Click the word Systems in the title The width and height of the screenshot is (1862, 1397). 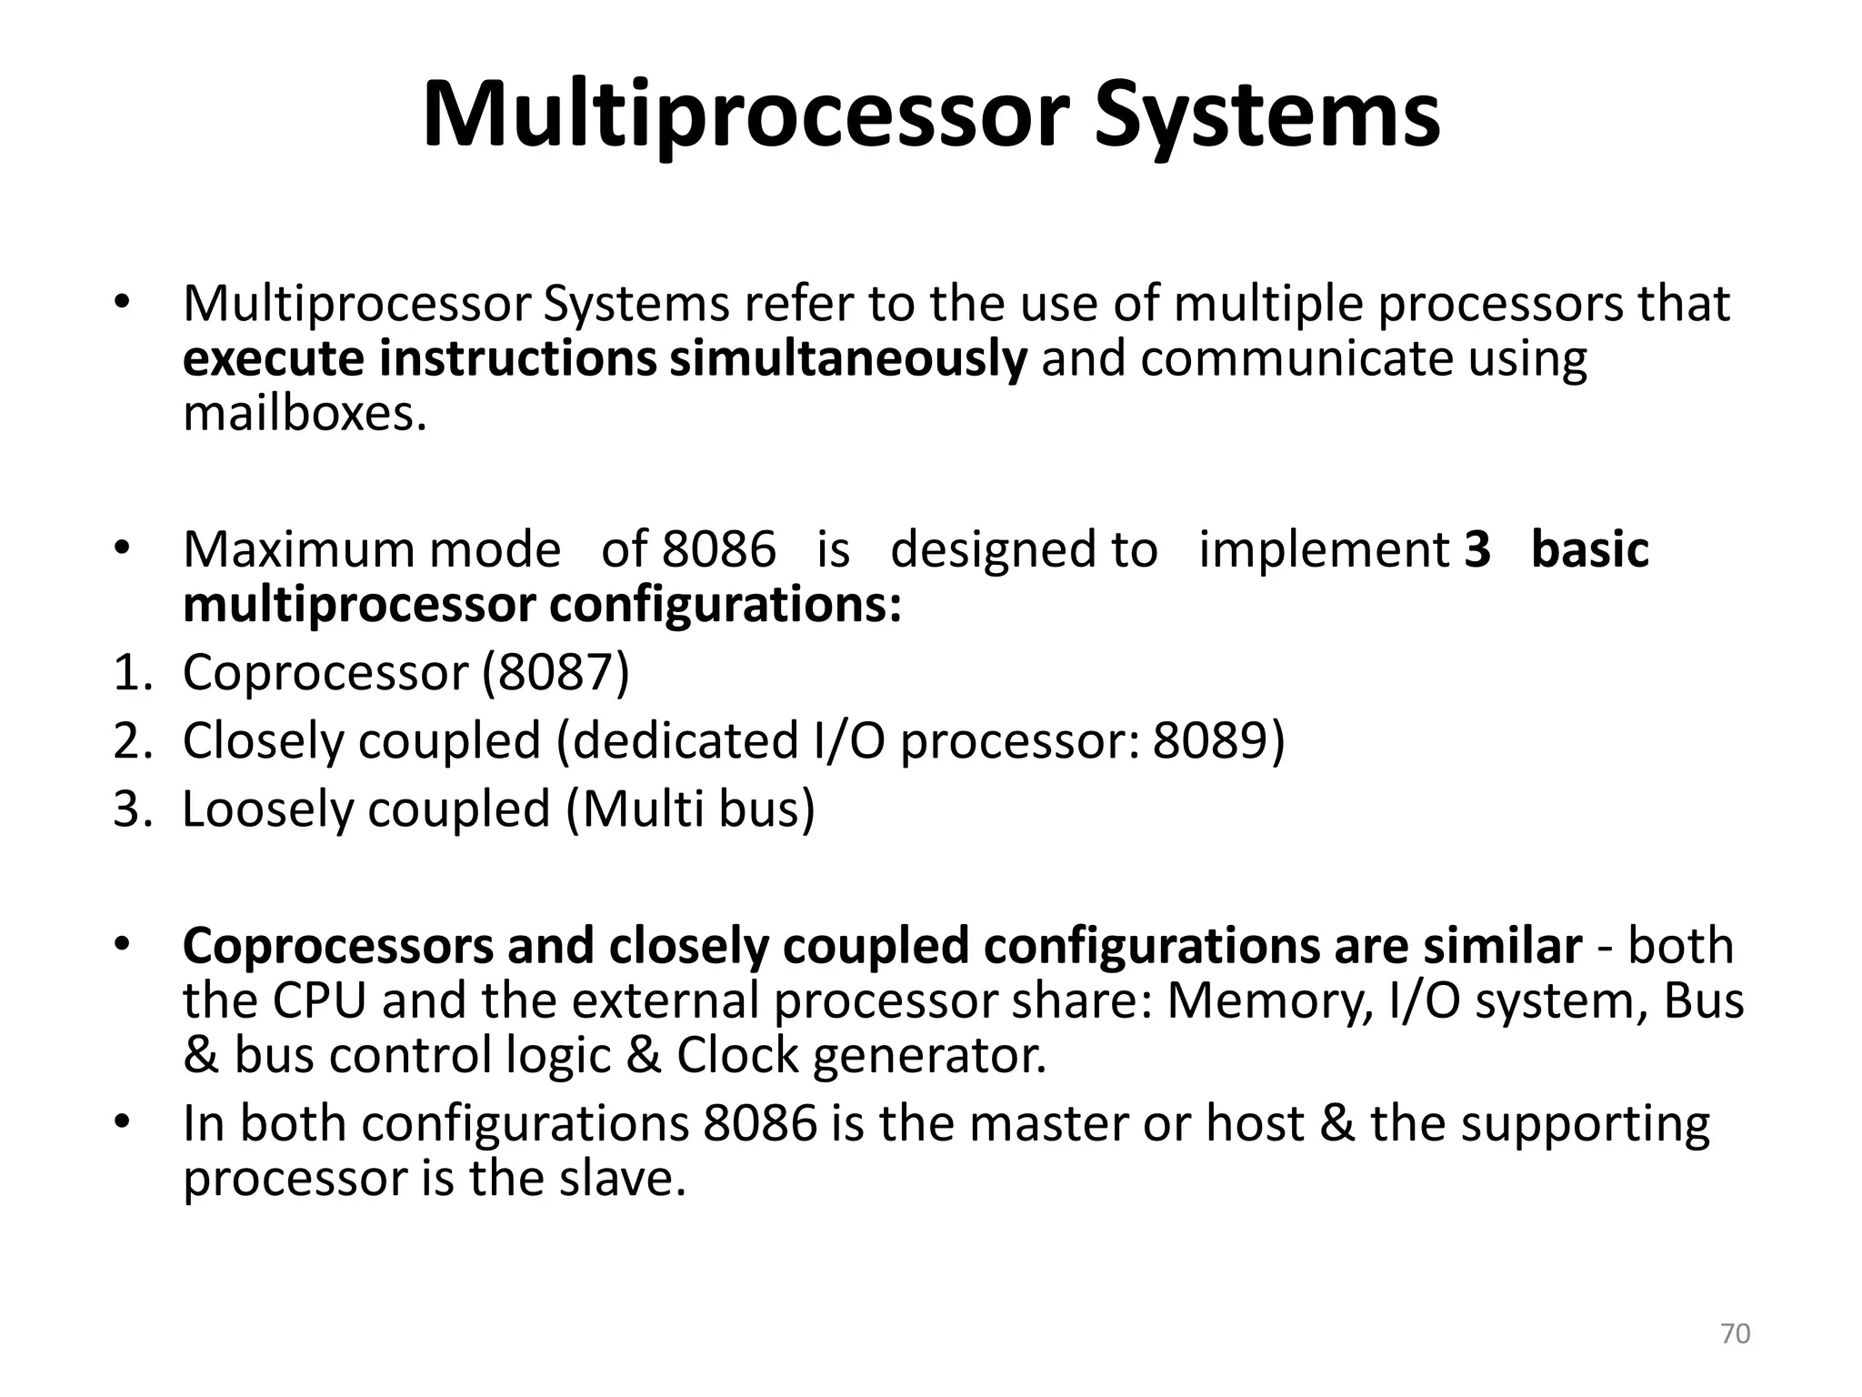coord(1266,116)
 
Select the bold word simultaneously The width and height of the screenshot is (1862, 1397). coord(848,358)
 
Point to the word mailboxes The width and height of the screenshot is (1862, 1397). coord(305,414)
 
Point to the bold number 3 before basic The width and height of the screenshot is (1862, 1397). coord(1477,550)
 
